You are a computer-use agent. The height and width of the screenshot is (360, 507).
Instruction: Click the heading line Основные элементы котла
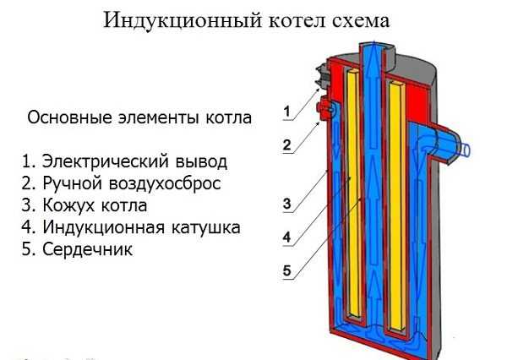click(139, 117)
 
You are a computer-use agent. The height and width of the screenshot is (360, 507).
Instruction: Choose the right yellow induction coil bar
click(395, 203)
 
